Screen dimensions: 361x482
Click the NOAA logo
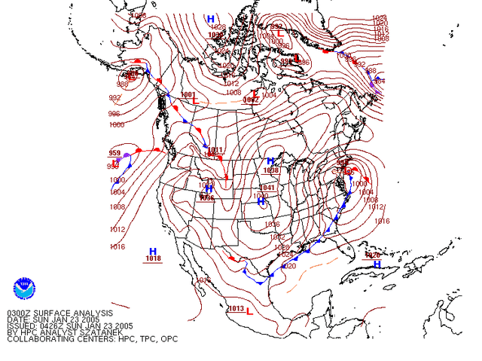(x=24, y=289)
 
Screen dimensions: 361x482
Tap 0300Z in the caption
(x=20, y=312)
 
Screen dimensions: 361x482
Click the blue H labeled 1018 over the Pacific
(x=153, y=251)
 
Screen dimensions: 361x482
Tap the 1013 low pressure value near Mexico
(x=236, y=308)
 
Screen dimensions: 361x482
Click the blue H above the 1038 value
(x=270, y=161)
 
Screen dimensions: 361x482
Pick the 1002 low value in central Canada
(x=251, y=99)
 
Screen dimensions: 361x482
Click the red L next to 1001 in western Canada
(x=195, y=101)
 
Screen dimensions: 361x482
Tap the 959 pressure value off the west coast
(x=114, y=154)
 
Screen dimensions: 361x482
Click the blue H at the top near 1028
(x=211, y=19)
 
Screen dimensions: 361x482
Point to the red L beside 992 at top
(x=280, y=33)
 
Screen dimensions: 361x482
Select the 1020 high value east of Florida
(x=372, y=255)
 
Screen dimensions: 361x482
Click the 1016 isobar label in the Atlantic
(x=383, y=221)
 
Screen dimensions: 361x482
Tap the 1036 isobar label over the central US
(x=272, y=224)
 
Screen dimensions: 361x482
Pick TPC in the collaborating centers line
(x=147, y=339)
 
